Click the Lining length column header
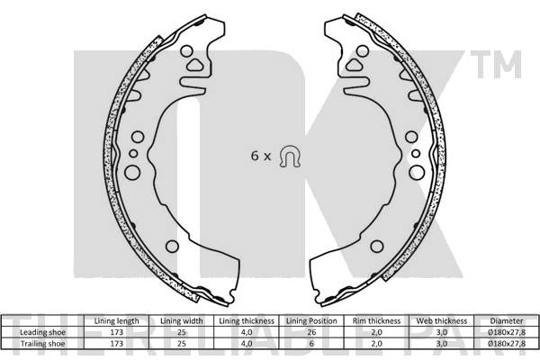[x=116, y=321]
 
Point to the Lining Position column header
[x=311, y=321]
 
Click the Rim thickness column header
[x=376, y=321]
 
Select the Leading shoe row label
[x=42, y=331]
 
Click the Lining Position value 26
[x=311, y=331]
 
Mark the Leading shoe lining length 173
[x=116, y=331]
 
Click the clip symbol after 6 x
[x=289, y=156]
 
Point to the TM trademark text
[x=506, y=65]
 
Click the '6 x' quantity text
[x=260, y=157]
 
